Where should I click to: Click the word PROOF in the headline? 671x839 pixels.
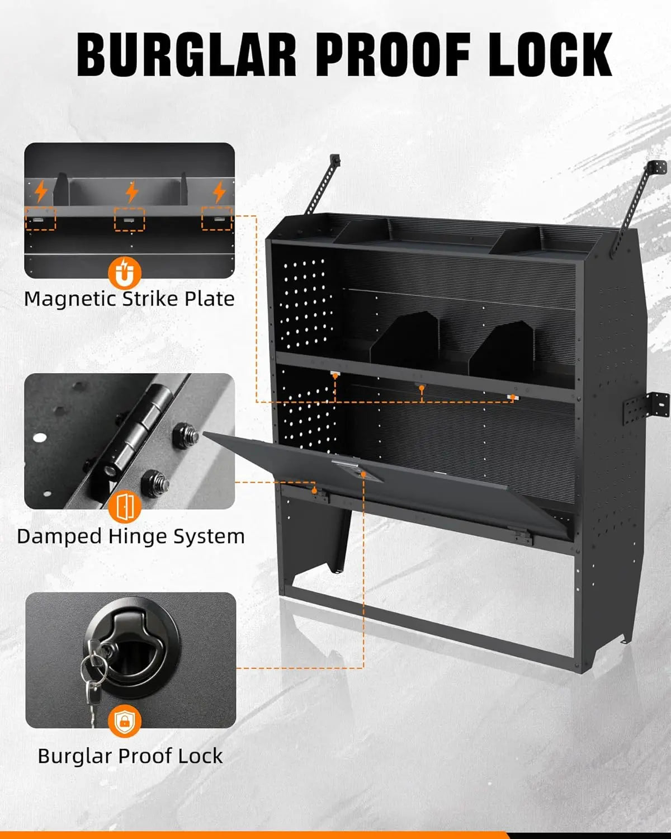coord(394,54)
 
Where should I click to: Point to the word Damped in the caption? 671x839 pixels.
coord(59,536)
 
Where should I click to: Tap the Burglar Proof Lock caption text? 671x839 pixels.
coord(130,756)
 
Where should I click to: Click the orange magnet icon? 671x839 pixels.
coord(124,273)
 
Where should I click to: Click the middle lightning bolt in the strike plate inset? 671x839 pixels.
coord(132,192)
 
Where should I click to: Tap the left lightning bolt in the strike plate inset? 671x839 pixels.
coord(41,191)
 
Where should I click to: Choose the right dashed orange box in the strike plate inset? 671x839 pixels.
coord(216,218)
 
